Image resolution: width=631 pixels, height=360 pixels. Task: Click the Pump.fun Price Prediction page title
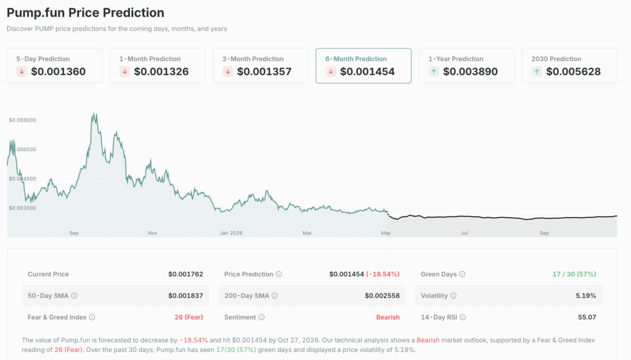coord(86,12)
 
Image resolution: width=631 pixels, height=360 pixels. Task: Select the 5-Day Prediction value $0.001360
coord(58,72)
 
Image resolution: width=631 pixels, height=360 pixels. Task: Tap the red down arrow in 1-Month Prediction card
coord(125,72)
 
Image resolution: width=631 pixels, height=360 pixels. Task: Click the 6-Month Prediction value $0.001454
coord(367,72)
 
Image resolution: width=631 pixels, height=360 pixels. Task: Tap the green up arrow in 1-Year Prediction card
coord(434,72)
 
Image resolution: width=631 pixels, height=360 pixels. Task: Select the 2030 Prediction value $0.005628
coord(573,72)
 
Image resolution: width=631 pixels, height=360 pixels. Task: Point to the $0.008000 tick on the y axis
coord(22,120)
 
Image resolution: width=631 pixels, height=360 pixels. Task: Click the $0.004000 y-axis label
coord(22,179)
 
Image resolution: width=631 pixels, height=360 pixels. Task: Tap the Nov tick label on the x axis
coord(153,233)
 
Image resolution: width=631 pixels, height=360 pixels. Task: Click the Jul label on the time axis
coord(465,233)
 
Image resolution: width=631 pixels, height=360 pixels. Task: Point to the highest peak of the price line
coord(94,113)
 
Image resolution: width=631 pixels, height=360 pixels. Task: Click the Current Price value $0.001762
coord(185,274)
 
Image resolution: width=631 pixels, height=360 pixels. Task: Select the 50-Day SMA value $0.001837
coord(185,295)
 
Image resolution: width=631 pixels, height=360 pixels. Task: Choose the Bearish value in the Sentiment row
coord(388,317)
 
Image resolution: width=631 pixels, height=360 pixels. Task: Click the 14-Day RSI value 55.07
coord(585,317)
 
